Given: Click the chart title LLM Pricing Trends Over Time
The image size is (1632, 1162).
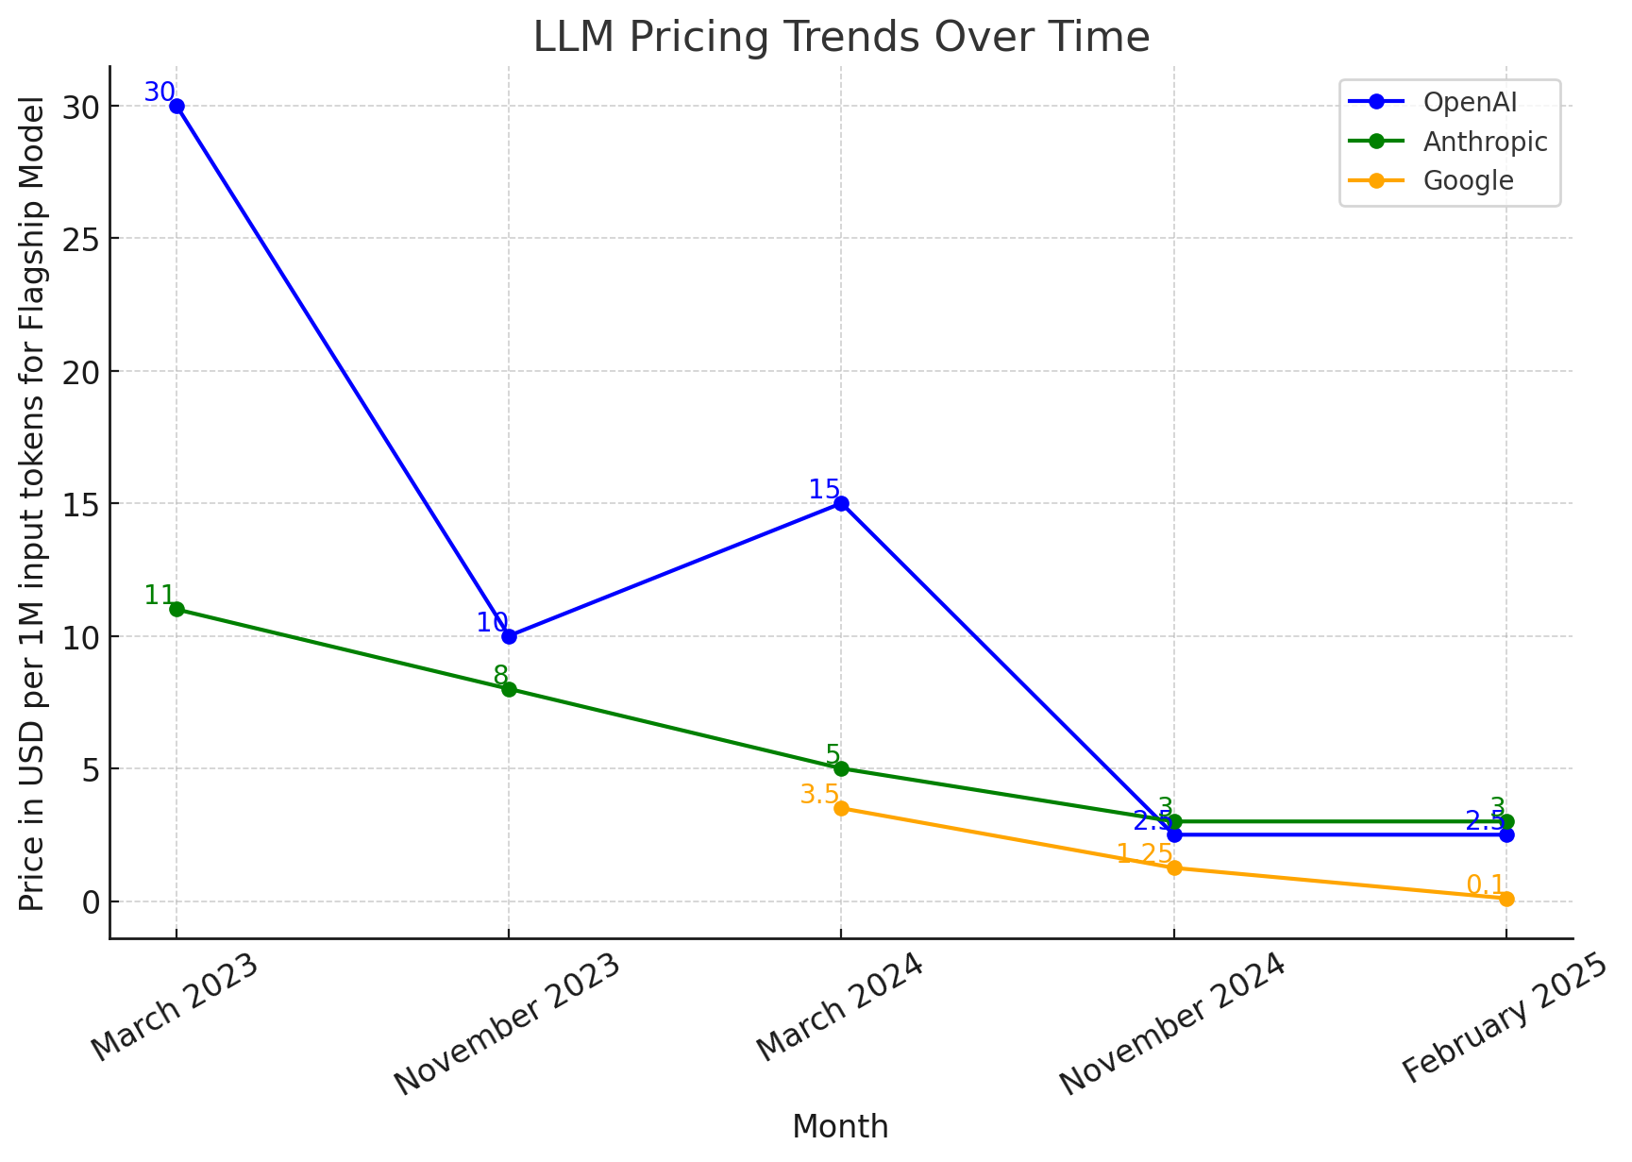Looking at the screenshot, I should coord(841,38).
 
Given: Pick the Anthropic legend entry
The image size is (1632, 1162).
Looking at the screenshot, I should coord(1485,142).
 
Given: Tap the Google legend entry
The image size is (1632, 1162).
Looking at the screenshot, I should coord(1468,180).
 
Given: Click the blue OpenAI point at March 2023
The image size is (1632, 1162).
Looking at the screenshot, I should coord(177,106).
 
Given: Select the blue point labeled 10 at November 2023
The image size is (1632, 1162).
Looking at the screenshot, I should coord(509,636).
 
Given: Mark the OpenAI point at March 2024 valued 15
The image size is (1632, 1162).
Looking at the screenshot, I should coord(841,503).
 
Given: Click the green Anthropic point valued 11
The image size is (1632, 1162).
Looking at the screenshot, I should coord(177,609).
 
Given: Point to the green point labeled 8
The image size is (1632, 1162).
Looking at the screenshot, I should coord(509,689).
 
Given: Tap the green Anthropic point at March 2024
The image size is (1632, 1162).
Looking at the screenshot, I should coord(841,768).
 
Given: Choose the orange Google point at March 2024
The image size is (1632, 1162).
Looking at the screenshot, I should coord(841,808).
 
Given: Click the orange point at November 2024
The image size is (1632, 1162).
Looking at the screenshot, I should coord(1173,867).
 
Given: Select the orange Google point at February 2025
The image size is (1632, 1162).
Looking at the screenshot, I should coord(1506,899).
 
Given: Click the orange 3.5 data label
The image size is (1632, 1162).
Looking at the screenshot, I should coord(818,794).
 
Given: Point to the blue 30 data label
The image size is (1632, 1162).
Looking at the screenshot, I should coord(159,92).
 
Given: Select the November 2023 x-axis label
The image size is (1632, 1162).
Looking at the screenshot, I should coord(508,1024).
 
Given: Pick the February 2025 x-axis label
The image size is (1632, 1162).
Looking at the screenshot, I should coord(1504,1019).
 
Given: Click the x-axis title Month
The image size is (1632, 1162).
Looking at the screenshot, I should coord(840,1127).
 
